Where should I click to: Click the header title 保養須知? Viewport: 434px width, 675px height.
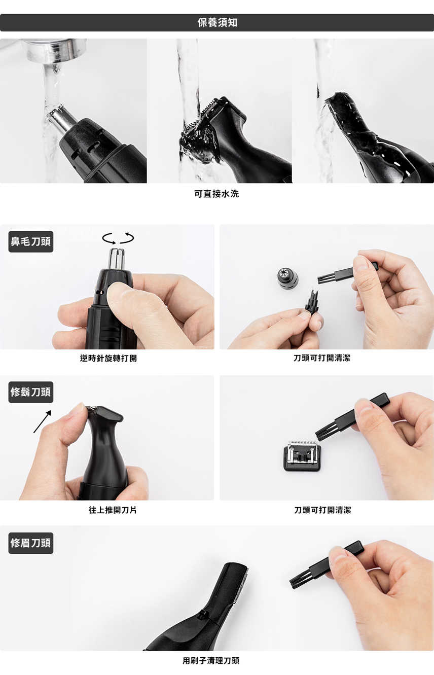217,23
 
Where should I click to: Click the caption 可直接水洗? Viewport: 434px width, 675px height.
216,194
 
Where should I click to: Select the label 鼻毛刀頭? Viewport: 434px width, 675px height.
31,242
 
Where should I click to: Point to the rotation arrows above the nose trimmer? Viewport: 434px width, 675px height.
118,238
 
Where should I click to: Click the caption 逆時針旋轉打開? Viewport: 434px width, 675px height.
108,358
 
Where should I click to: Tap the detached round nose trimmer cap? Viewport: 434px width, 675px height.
287,277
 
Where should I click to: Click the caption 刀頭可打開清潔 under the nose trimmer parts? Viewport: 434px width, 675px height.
322,358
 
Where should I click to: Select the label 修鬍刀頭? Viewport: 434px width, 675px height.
31,393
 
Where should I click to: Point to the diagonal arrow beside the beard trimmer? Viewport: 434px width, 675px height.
42,421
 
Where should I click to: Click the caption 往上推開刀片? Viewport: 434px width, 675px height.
113,510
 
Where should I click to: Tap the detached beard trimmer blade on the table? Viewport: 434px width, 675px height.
302,455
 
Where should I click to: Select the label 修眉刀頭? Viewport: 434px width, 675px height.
31,543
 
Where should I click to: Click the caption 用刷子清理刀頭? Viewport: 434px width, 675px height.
211,660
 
